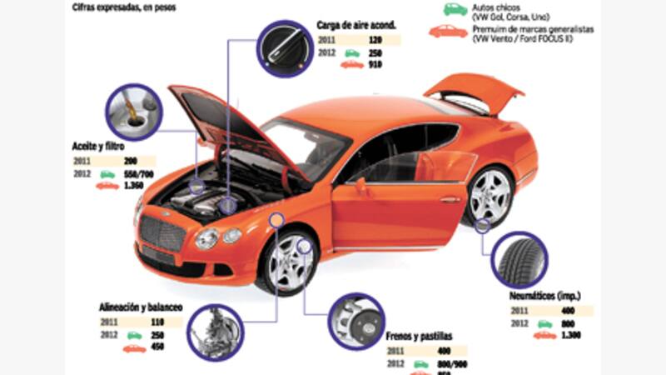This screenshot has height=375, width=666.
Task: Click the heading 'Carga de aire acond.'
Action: (355, 24)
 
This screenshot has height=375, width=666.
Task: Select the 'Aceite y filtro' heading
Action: (99, 147)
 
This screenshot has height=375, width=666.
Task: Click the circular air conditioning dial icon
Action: (283, 47)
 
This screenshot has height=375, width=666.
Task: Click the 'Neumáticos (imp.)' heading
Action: (544, 296)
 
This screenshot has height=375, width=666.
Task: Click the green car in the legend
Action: (455, 8)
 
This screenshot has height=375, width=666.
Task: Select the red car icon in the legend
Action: (448, 32)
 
